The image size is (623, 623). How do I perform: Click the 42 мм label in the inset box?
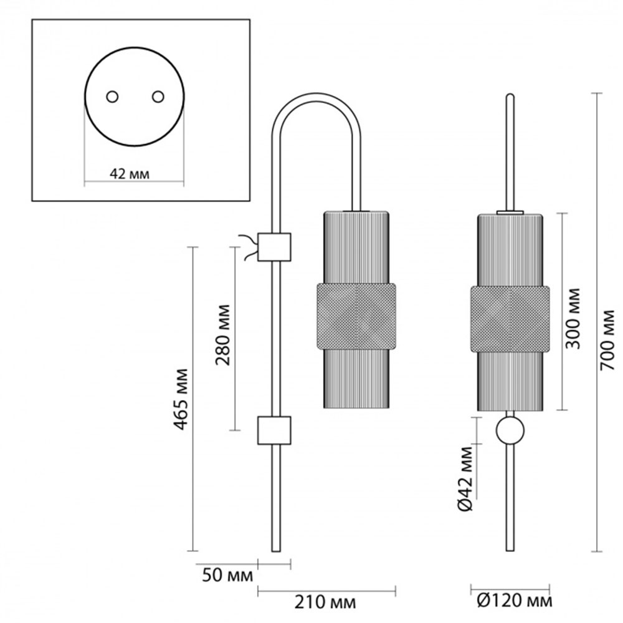pos(130,174)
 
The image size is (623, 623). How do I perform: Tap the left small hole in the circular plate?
pos(112,97)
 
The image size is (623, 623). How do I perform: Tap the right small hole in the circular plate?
pos(158,97)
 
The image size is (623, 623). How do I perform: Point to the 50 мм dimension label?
pos(227,574)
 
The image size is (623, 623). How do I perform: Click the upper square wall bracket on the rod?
pos(275,247)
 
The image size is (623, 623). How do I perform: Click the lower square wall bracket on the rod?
pos(275,430)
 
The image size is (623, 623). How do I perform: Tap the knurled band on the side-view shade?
pos(356,316)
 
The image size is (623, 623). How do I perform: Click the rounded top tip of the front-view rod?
pos(510,97)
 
